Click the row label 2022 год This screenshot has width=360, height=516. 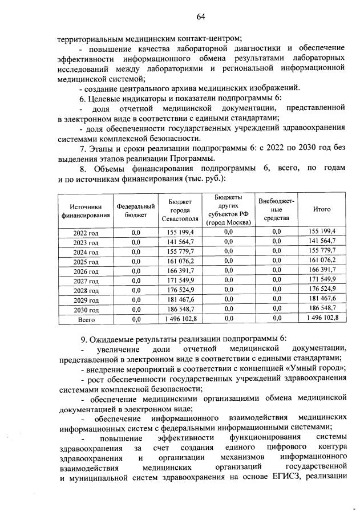(x=86, y=232)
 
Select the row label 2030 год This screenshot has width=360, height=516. (x=86, y=311)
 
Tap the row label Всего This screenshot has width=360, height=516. (x=86, y=320)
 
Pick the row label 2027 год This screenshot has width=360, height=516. (x=86, y=281)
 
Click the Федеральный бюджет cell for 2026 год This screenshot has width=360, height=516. (x=136, y=271)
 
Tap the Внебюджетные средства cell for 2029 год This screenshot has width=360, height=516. (x=277, y=300)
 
